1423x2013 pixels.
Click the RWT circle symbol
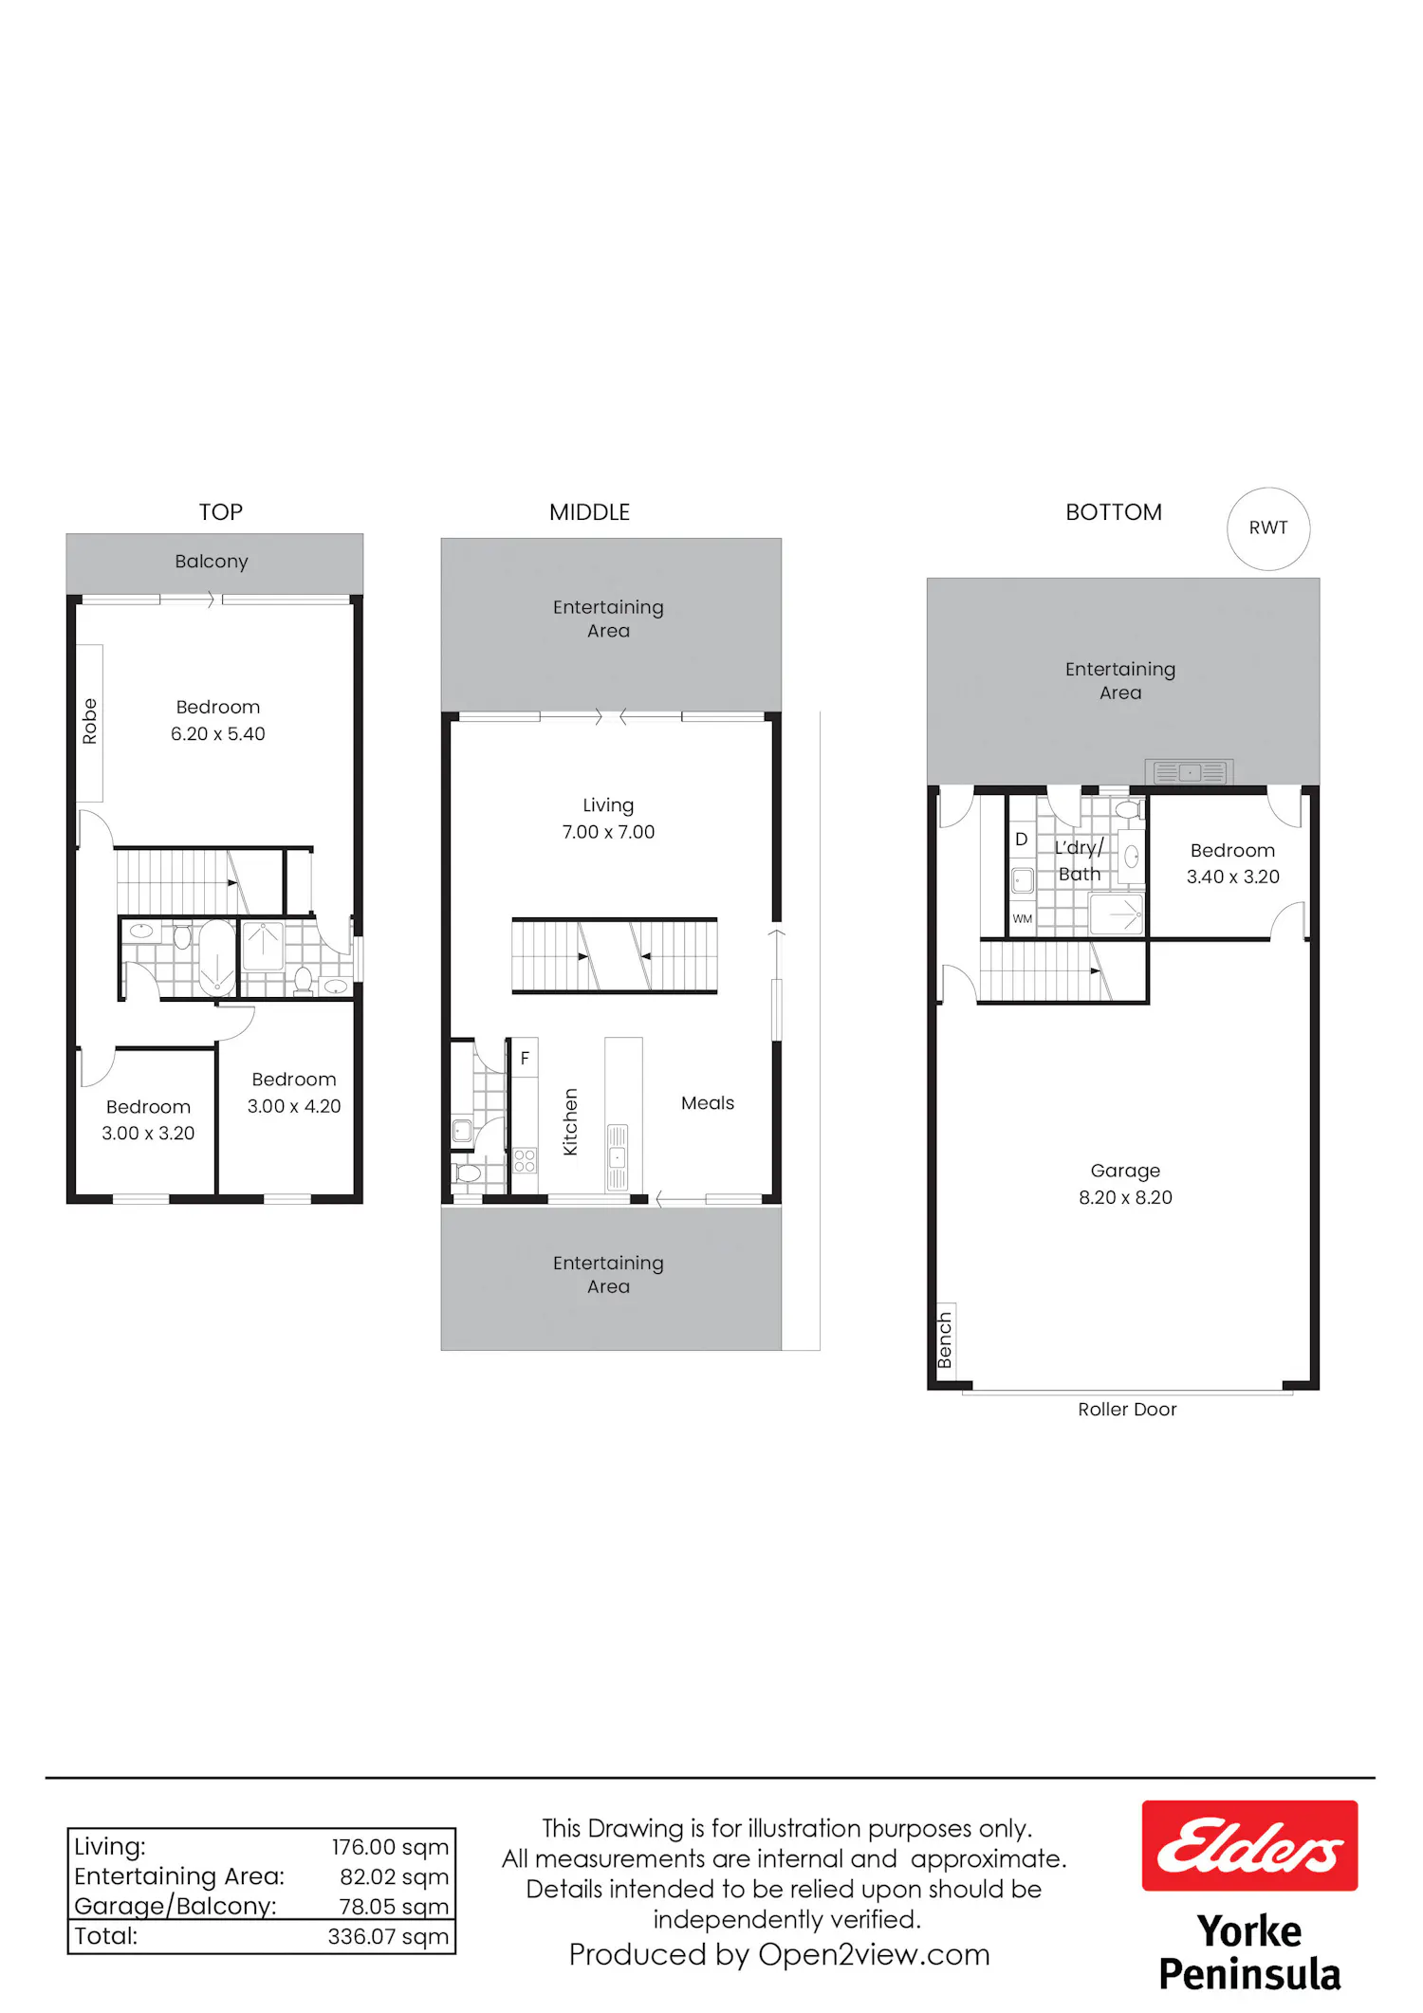click(x=1268, y=528)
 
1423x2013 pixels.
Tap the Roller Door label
click(x=1127, y=1410)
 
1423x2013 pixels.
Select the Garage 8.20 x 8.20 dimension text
click(x=1125, y=1197)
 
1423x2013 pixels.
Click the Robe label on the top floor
click(x=90, y=721)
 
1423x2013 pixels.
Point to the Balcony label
click(x=212, y=562)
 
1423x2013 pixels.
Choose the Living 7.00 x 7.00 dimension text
click(x=608, y=832)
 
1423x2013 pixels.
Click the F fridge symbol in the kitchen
click(x=525, y=1058)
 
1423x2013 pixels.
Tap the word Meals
click(x=708, y=1103)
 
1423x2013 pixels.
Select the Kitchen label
click(x=570, y=1121)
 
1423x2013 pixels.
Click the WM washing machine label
click(x=1022, y=919)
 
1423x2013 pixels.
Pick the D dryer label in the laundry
click(x=1022, y=840)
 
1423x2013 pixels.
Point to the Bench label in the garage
click(x=945, y=1340)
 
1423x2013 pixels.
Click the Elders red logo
click(x=1249, y=1846)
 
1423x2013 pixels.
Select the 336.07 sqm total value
click(x=389, y=1936)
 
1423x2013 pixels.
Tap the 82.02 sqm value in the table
click(x=395, y=1877)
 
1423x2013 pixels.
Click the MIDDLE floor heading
click(x=589, y=512)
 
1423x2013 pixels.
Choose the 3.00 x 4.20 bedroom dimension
click(x=294, y=1106)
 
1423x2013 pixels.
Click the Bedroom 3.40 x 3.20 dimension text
click(x=1233, y=877)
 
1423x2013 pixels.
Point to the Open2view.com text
click(x=874, y=1955)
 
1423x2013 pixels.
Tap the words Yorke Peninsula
click(x=1249, y=1952)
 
